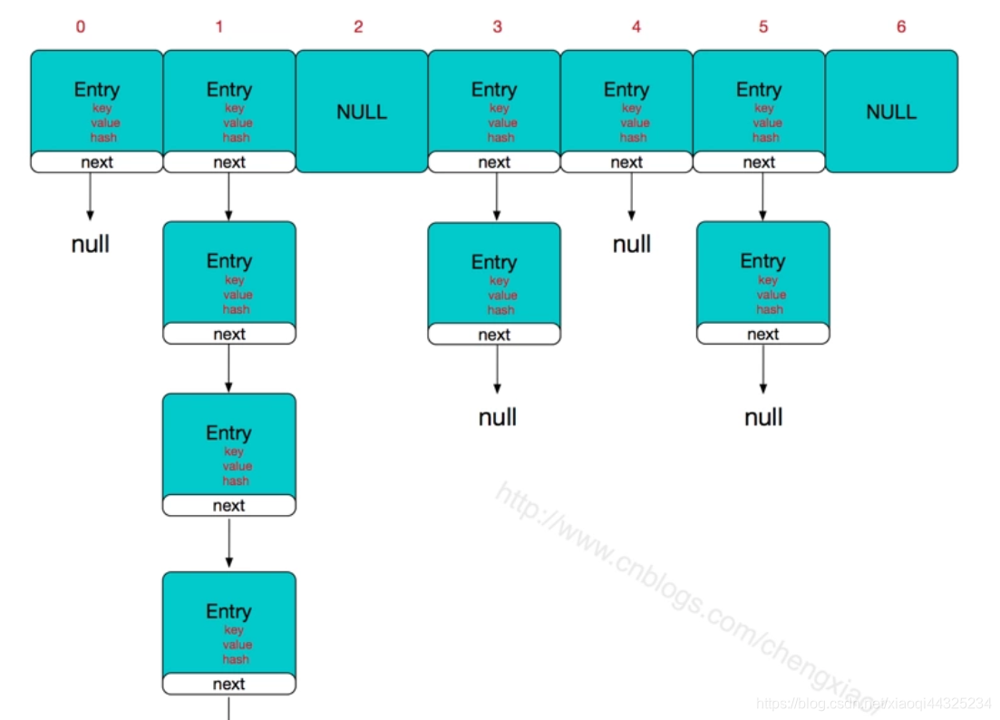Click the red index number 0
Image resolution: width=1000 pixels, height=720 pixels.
(x=81, y=27)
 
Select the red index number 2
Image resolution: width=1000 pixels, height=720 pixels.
(x=358, y=27)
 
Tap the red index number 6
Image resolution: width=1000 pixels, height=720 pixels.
(x=900, y=27)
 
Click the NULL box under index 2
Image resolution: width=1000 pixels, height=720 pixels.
(x=362, y=112)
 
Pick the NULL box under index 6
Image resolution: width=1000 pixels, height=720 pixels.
(x=891, y=112)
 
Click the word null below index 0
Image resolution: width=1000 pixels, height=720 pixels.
(x=91, y=244)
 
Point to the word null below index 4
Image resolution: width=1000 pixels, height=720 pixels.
(x=632, y=244)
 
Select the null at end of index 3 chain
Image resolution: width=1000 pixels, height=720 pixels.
(x=498, y=417)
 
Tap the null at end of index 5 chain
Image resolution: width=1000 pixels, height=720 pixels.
(x=763, y=417)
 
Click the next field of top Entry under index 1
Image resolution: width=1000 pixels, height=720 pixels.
(x=228, y=162)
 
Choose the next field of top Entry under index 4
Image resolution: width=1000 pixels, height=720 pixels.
(x=626, y=162)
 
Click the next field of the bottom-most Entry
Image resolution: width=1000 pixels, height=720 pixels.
(x=228, y=685)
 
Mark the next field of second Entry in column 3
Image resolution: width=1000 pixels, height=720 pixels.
(x=494, y=335)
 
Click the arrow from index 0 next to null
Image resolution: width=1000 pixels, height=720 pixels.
(x=90, y=196)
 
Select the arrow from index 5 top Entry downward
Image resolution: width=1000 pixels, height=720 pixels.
(x=762, y=196)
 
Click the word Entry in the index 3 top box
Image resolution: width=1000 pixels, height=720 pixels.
(x=494, y=90)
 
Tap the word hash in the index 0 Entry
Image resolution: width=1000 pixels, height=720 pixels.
(x=103, y=138)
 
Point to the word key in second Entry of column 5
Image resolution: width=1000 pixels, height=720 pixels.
(x=767, y=280)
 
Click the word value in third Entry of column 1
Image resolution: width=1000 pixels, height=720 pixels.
(x=238, y=466)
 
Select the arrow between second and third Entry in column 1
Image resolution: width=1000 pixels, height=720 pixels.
(x=228, y=368)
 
